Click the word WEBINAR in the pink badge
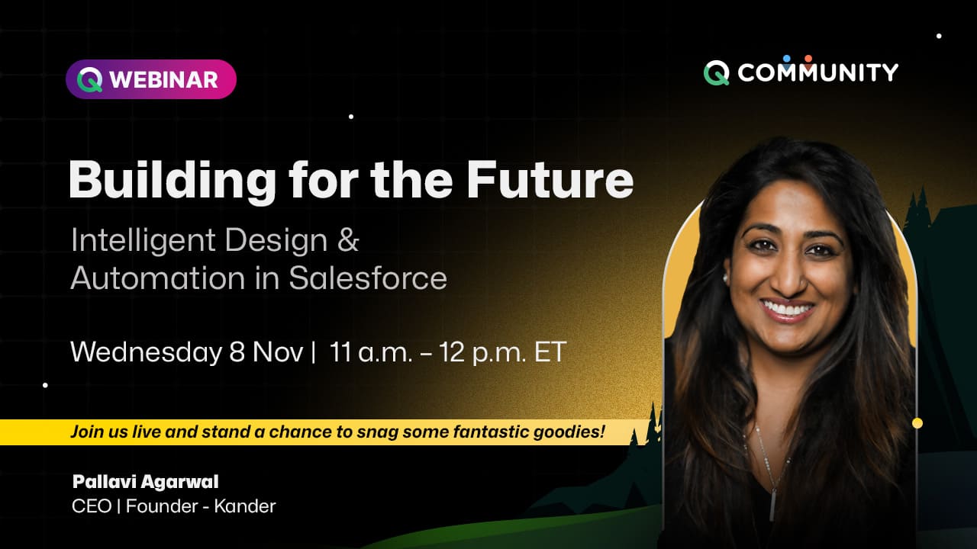163,80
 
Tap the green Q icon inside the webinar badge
90,80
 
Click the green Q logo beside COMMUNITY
716,72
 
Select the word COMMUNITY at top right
817,72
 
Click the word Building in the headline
172,181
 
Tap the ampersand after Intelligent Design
348,239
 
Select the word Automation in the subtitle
157,278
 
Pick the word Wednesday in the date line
146,352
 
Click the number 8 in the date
237,352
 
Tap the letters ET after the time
550,352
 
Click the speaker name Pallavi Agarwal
145,482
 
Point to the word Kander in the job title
245,506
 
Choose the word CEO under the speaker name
92,506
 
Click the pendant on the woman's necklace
772,505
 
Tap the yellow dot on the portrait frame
917,423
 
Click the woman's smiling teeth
788,310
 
